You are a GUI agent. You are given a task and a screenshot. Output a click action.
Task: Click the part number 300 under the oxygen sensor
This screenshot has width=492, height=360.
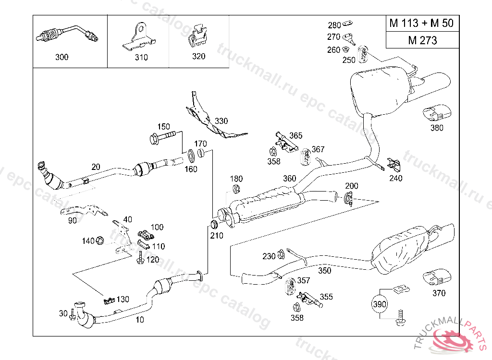click(62, 57)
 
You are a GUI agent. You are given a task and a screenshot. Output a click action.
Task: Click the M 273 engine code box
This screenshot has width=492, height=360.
click(422, 40)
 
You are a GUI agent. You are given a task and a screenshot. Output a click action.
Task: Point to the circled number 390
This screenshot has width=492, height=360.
click(380, 304)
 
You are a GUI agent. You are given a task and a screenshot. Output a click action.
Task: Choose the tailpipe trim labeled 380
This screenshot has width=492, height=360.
click(436, 113)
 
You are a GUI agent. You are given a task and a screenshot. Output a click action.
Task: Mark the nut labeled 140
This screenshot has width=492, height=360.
click(100, 240)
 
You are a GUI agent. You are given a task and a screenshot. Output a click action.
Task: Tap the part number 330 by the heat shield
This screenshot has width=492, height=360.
click(221, 121)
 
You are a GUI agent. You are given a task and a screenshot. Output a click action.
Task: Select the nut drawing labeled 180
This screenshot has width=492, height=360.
click(236, 189)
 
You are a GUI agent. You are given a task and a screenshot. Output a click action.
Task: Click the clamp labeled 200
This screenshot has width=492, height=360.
click(349, 197)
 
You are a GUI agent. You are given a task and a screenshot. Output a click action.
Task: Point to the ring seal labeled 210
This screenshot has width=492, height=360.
click(215, 224)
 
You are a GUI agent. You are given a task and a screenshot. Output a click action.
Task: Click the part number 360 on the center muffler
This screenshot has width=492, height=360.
click(289, 179)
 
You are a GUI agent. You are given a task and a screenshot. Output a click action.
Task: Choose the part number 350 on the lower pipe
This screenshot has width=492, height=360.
click(325, 271)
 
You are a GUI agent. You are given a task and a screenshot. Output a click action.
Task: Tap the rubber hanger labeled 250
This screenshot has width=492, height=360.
click(364, 52)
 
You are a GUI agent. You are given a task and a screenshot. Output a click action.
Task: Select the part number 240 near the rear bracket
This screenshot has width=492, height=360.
click(396, 178)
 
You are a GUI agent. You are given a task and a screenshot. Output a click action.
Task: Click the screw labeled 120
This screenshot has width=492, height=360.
click(141, 260)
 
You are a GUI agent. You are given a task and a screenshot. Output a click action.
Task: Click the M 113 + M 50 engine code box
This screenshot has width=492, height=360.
click(421, 23)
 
